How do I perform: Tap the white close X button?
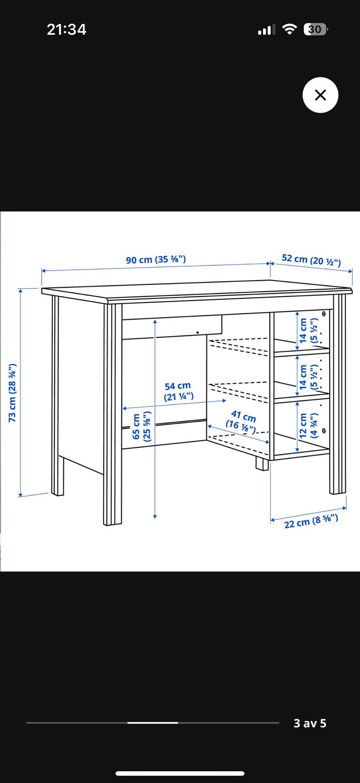point(320,95)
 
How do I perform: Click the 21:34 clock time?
point(67,29)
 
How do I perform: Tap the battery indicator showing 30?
point(315,29)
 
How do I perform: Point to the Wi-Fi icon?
point(290,29)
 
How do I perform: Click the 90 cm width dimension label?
point(156,260)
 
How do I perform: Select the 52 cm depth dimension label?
point(311,260)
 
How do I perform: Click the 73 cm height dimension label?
point(12,392)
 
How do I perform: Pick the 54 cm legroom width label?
point(178,391)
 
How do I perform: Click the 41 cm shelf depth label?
point(242,421)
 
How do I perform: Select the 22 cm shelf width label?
point(311,521)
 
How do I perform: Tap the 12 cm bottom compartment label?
point(308,425)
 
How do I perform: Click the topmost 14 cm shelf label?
point(308,330)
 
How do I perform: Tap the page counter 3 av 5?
point(310,723)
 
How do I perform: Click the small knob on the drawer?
point(198,332)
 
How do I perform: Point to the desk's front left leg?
point(112,414)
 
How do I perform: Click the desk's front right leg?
point(338,394)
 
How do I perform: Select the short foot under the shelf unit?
point(262,464)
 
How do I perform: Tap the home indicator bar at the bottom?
point(180,773)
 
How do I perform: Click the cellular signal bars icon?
point(266,30)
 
